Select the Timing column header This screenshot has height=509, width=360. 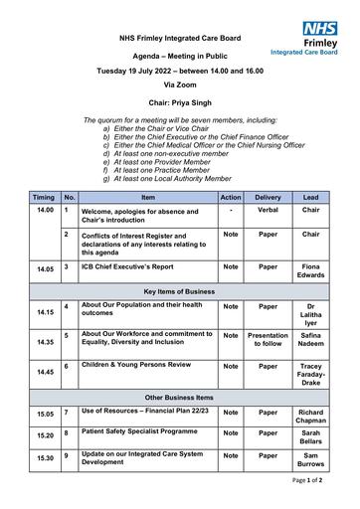[44, 198]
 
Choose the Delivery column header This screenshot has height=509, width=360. [268, 198]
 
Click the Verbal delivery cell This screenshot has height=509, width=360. [268, 211]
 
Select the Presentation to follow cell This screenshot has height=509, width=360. [268, 339]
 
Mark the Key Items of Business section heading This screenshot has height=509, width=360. [179, 291]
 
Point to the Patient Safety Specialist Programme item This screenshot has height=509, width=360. [141, 433]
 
